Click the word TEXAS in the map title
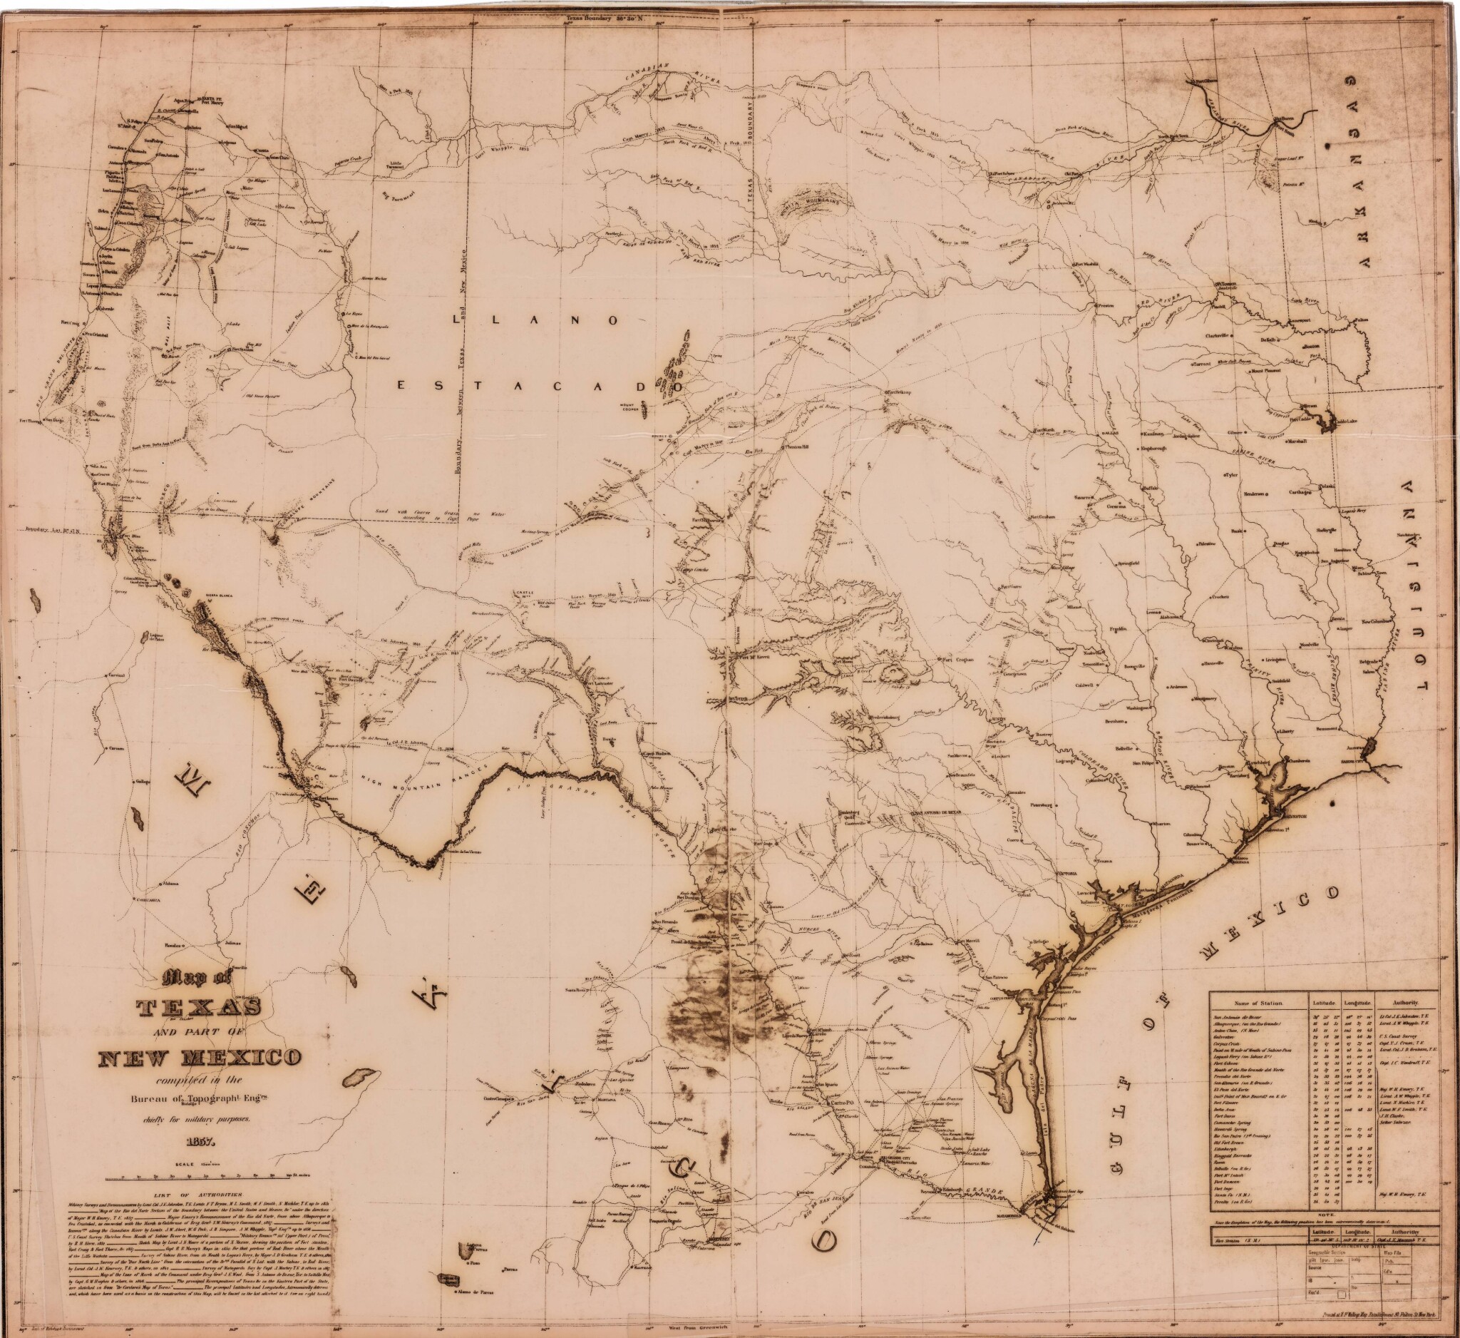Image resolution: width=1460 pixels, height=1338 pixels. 200,1008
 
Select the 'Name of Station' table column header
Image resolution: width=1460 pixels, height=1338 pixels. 1258,1003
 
